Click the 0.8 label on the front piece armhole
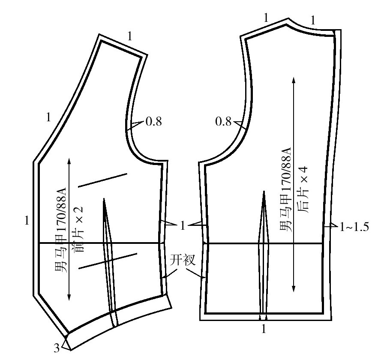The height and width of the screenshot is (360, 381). (153, 121)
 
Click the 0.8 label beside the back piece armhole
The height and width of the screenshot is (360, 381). (223, 121)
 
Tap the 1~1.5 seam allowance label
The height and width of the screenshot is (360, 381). (354, 227)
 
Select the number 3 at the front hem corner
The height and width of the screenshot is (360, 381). (57, 348)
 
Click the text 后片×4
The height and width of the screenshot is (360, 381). (303, 190)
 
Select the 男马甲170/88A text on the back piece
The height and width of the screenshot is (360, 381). (285, 189)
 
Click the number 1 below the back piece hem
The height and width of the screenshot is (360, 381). (264, 329)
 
